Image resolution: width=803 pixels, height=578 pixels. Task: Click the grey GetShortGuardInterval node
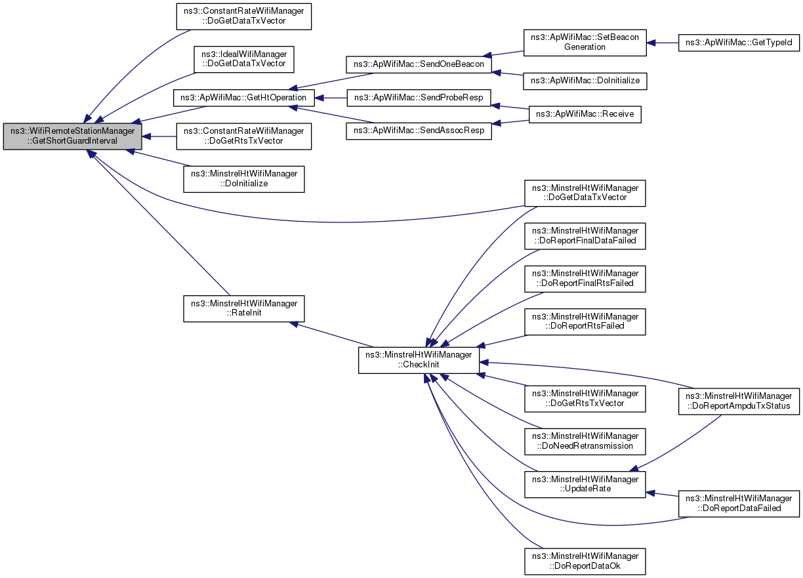[72, 136]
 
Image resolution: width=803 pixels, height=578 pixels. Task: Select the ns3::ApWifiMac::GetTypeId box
[739, 43]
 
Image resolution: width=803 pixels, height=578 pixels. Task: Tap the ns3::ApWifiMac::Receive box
[585, 114]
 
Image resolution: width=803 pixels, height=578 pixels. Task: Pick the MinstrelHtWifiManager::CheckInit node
[419, 360]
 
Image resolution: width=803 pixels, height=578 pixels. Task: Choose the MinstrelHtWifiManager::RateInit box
[244, 308]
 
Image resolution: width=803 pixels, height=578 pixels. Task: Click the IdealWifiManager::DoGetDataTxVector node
[244, 59]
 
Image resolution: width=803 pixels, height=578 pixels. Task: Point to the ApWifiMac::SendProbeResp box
[419, 98]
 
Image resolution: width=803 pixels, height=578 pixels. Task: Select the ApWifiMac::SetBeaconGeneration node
[585, 43]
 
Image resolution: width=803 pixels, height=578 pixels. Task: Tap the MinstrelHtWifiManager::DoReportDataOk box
[585, 562]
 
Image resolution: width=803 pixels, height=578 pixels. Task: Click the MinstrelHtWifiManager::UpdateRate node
[585, 484]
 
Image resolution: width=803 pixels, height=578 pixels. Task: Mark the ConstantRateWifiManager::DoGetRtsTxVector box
[244, 136]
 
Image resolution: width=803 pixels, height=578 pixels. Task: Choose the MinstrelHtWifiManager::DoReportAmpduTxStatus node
[739, 402]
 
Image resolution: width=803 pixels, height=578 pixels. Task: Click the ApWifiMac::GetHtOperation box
[244, 98]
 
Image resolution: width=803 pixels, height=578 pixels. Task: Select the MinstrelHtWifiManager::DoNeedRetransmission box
[585, 442]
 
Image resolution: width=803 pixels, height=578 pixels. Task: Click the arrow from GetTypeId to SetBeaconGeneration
[663, 43]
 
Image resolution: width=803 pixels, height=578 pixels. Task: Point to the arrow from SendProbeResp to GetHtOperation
[331, 98]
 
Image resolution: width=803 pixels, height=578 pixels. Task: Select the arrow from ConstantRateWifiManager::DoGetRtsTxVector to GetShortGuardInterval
[159, 136]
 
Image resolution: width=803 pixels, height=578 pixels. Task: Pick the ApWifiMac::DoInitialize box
[585, 81]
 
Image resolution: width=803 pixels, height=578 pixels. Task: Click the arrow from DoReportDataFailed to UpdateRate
[662, 495]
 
